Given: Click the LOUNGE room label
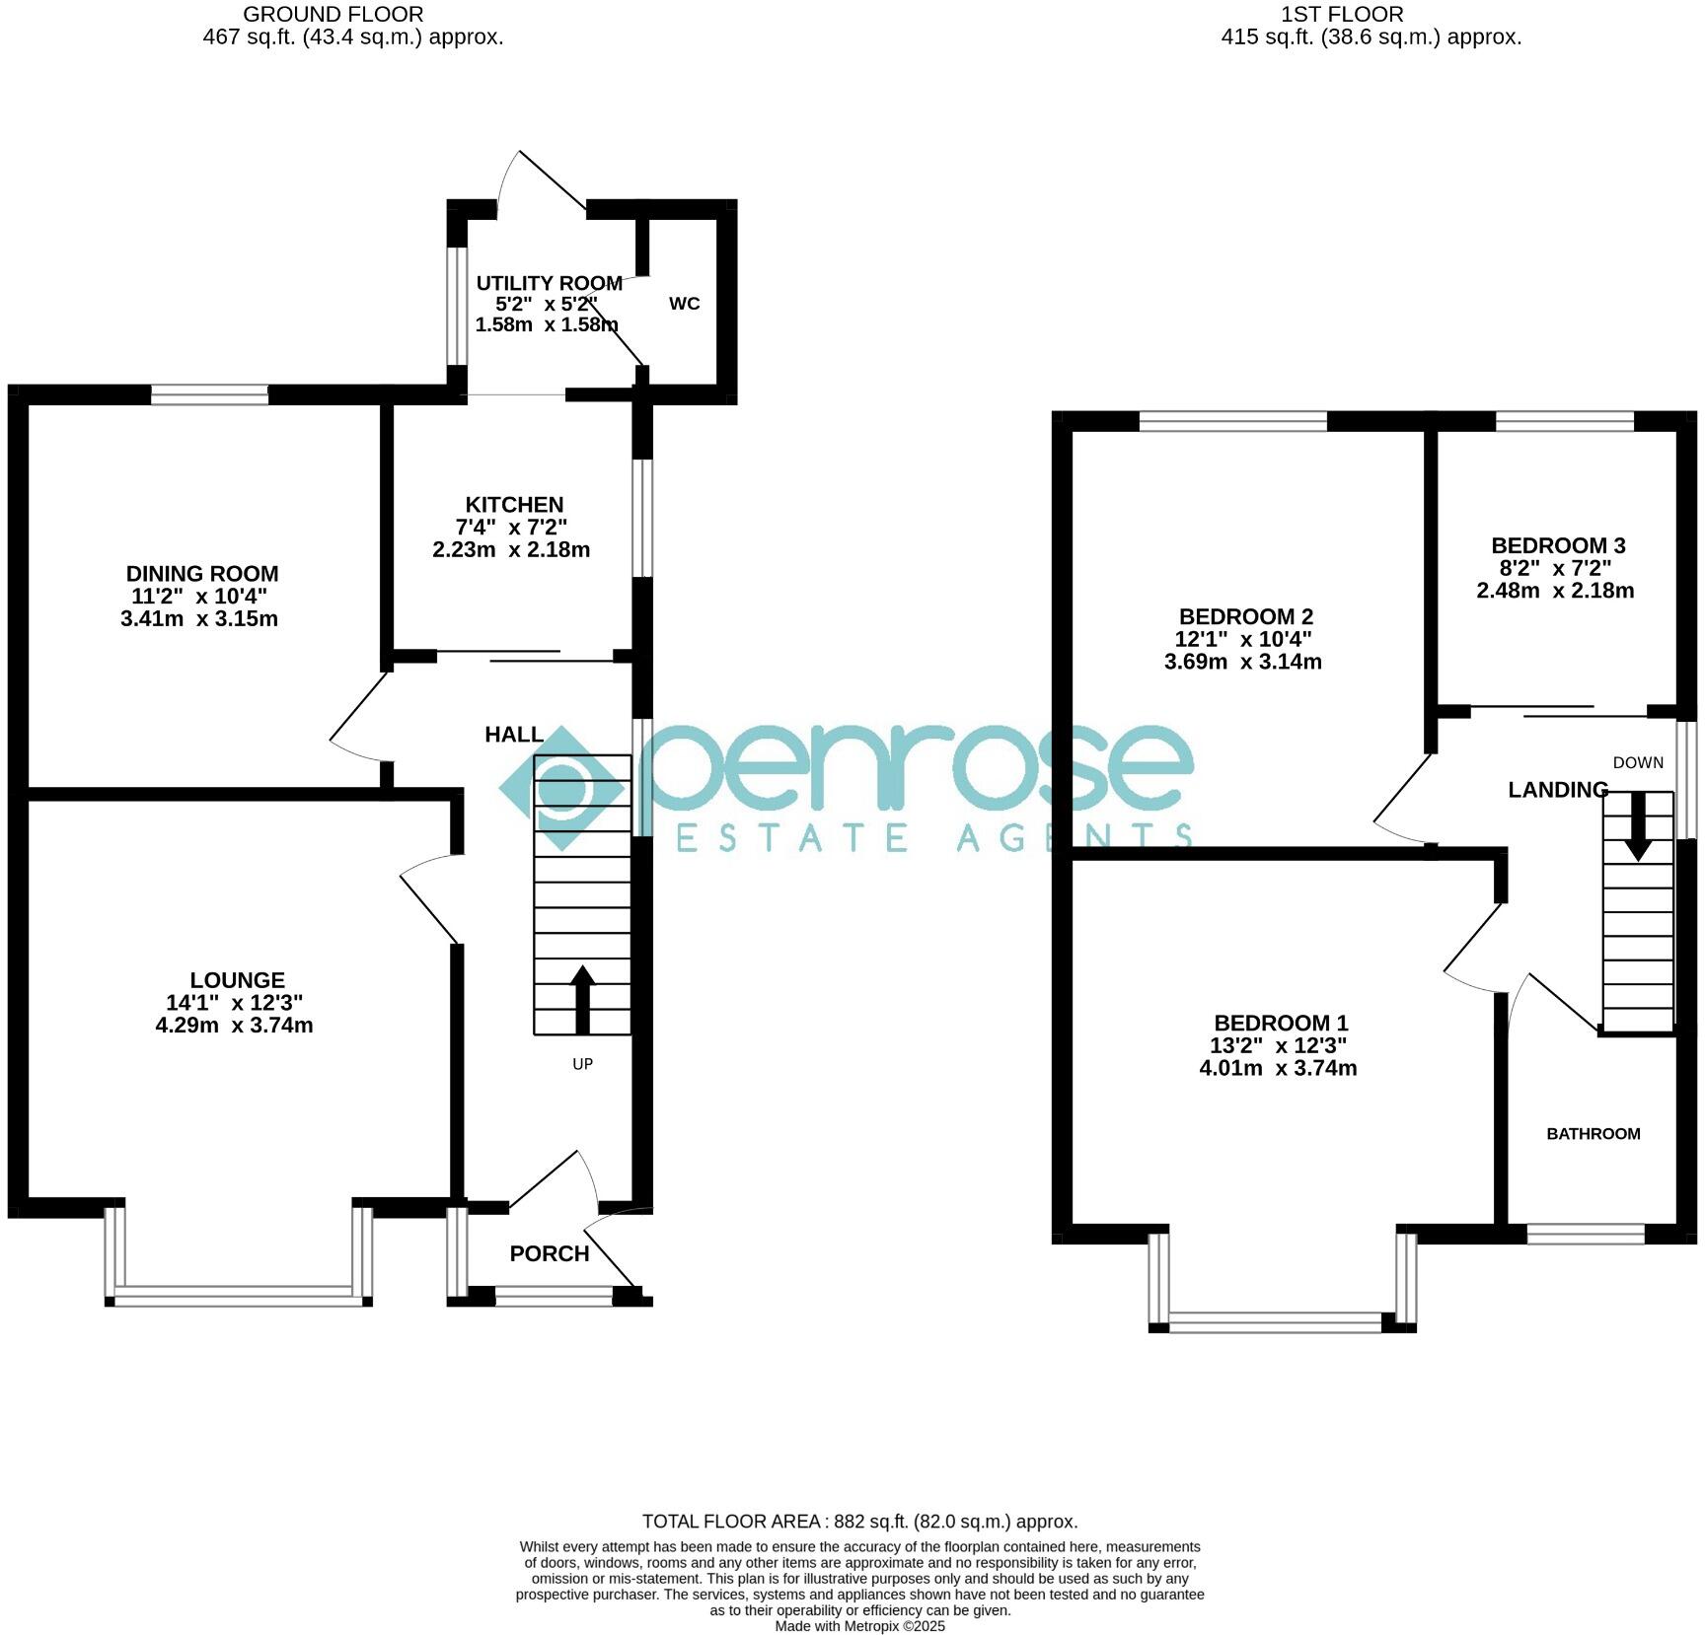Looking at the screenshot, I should (x=237, y=980).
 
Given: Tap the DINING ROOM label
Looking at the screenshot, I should (x=202, y=574).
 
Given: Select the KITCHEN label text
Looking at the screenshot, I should (x=514, y=505).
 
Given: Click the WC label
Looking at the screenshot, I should (x=684, y=304).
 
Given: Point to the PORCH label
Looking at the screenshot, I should (x=549, y=1253).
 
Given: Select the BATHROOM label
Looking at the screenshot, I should (x=1593, y=1134).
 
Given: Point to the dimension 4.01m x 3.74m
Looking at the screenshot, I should (x=1277, y=1068).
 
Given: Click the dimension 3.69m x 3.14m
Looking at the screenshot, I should (x=1242, y=662).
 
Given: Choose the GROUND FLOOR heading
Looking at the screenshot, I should (x=334, y=15).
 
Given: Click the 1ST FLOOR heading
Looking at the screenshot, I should (x=1341, y=15).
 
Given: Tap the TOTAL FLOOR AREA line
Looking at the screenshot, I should (x=859, y=1522).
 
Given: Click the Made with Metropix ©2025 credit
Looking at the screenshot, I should (x=859, y=1626).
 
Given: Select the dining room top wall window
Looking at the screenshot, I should (x=209, y=395).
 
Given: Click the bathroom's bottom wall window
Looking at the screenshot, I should (x=1585, y=1234).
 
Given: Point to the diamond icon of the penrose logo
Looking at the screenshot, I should (x=561, y=788).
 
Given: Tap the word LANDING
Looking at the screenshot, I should (x=1558, y=790).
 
